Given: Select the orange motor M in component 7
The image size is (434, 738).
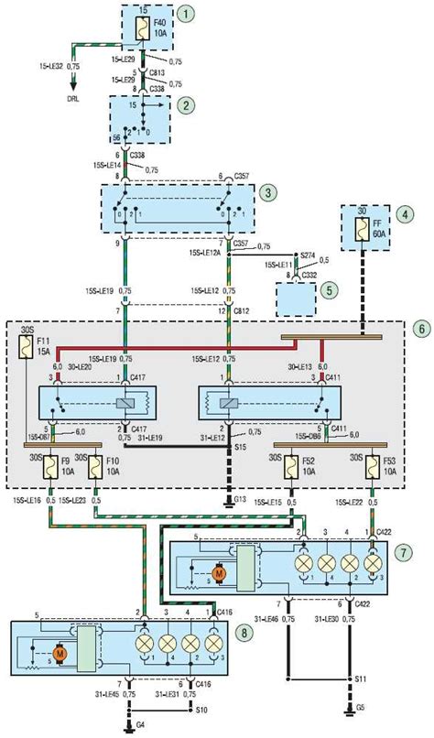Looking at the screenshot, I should point(219,573).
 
